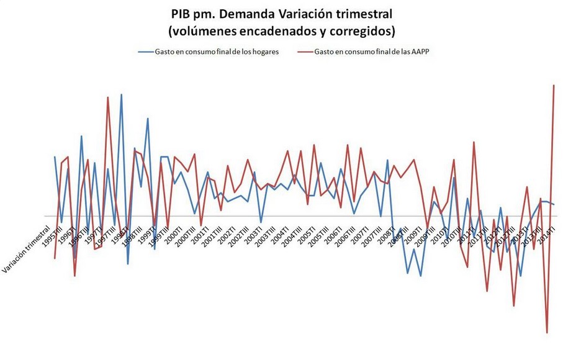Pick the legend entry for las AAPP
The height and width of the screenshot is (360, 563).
pos(372,52)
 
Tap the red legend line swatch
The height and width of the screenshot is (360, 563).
pos(306,52)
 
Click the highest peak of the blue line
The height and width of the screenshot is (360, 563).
pos(121,94)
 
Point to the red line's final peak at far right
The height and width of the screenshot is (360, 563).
pos(554,85)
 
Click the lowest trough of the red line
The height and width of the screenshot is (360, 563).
pos(547,333)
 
